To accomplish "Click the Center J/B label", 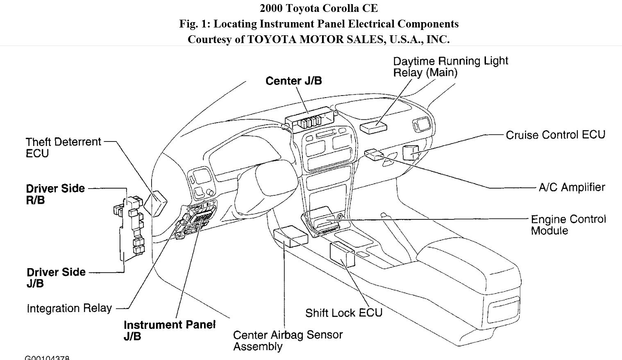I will click(x=293, y=81).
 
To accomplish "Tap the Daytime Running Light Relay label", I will click(x=450, y=67).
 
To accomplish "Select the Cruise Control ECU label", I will click(x=555, y=135).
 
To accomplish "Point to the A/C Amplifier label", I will click(x=572, y=187).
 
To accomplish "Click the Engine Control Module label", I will click(x=568, y=225).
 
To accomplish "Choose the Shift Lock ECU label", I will click(x=343, y=313).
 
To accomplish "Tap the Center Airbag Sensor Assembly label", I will click(x=288, y=340).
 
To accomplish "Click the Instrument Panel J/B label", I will click(x=169, y=330).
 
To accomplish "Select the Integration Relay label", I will click(x=69, y=308).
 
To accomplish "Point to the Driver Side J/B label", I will click(x=56, y=278).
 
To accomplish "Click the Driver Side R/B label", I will click(x=55, y=194).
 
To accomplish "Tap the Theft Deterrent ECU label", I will click(x=63, y=148).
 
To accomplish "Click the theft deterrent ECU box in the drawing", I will click(x=159, y=203).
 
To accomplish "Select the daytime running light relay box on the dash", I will click(x=373, y=126).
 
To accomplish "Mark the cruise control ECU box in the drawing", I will click(x=411, y=153).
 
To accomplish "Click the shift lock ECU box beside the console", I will click(x=342, y=255).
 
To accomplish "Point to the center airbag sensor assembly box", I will click(x=291, y=237).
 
